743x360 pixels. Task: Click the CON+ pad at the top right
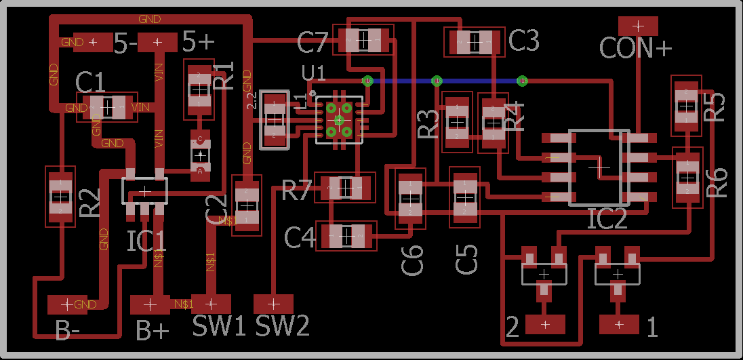(638, 26)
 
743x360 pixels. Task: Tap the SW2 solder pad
(274, 303)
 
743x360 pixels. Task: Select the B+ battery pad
(150, 304)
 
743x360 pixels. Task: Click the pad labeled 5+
(157, 42)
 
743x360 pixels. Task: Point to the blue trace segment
(475, 81)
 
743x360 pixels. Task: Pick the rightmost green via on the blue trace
(522, 81)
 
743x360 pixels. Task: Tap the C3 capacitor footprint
(475, 42)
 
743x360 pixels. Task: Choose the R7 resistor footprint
(346, 187)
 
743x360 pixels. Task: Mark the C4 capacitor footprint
(346, 236)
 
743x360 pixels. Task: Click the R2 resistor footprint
(61, 197)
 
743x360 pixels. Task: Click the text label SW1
(219, 327)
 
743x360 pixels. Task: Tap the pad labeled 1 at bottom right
(618, 325)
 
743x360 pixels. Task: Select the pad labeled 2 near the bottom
(545, 325)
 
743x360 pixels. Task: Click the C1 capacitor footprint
(108, 107)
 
